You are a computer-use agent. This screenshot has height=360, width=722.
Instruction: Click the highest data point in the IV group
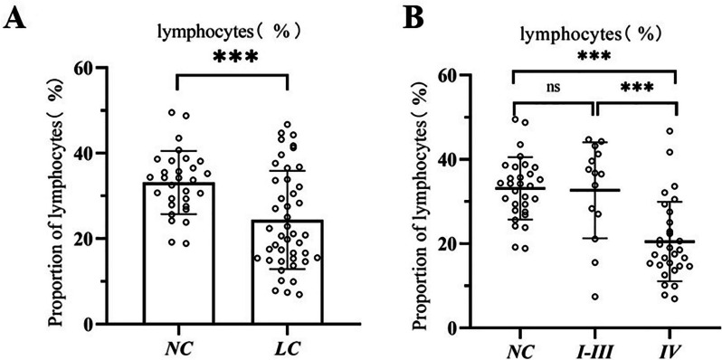(670, 131)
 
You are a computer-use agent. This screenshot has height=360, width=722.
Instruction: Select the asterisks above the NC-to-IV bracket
(594, 57)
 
